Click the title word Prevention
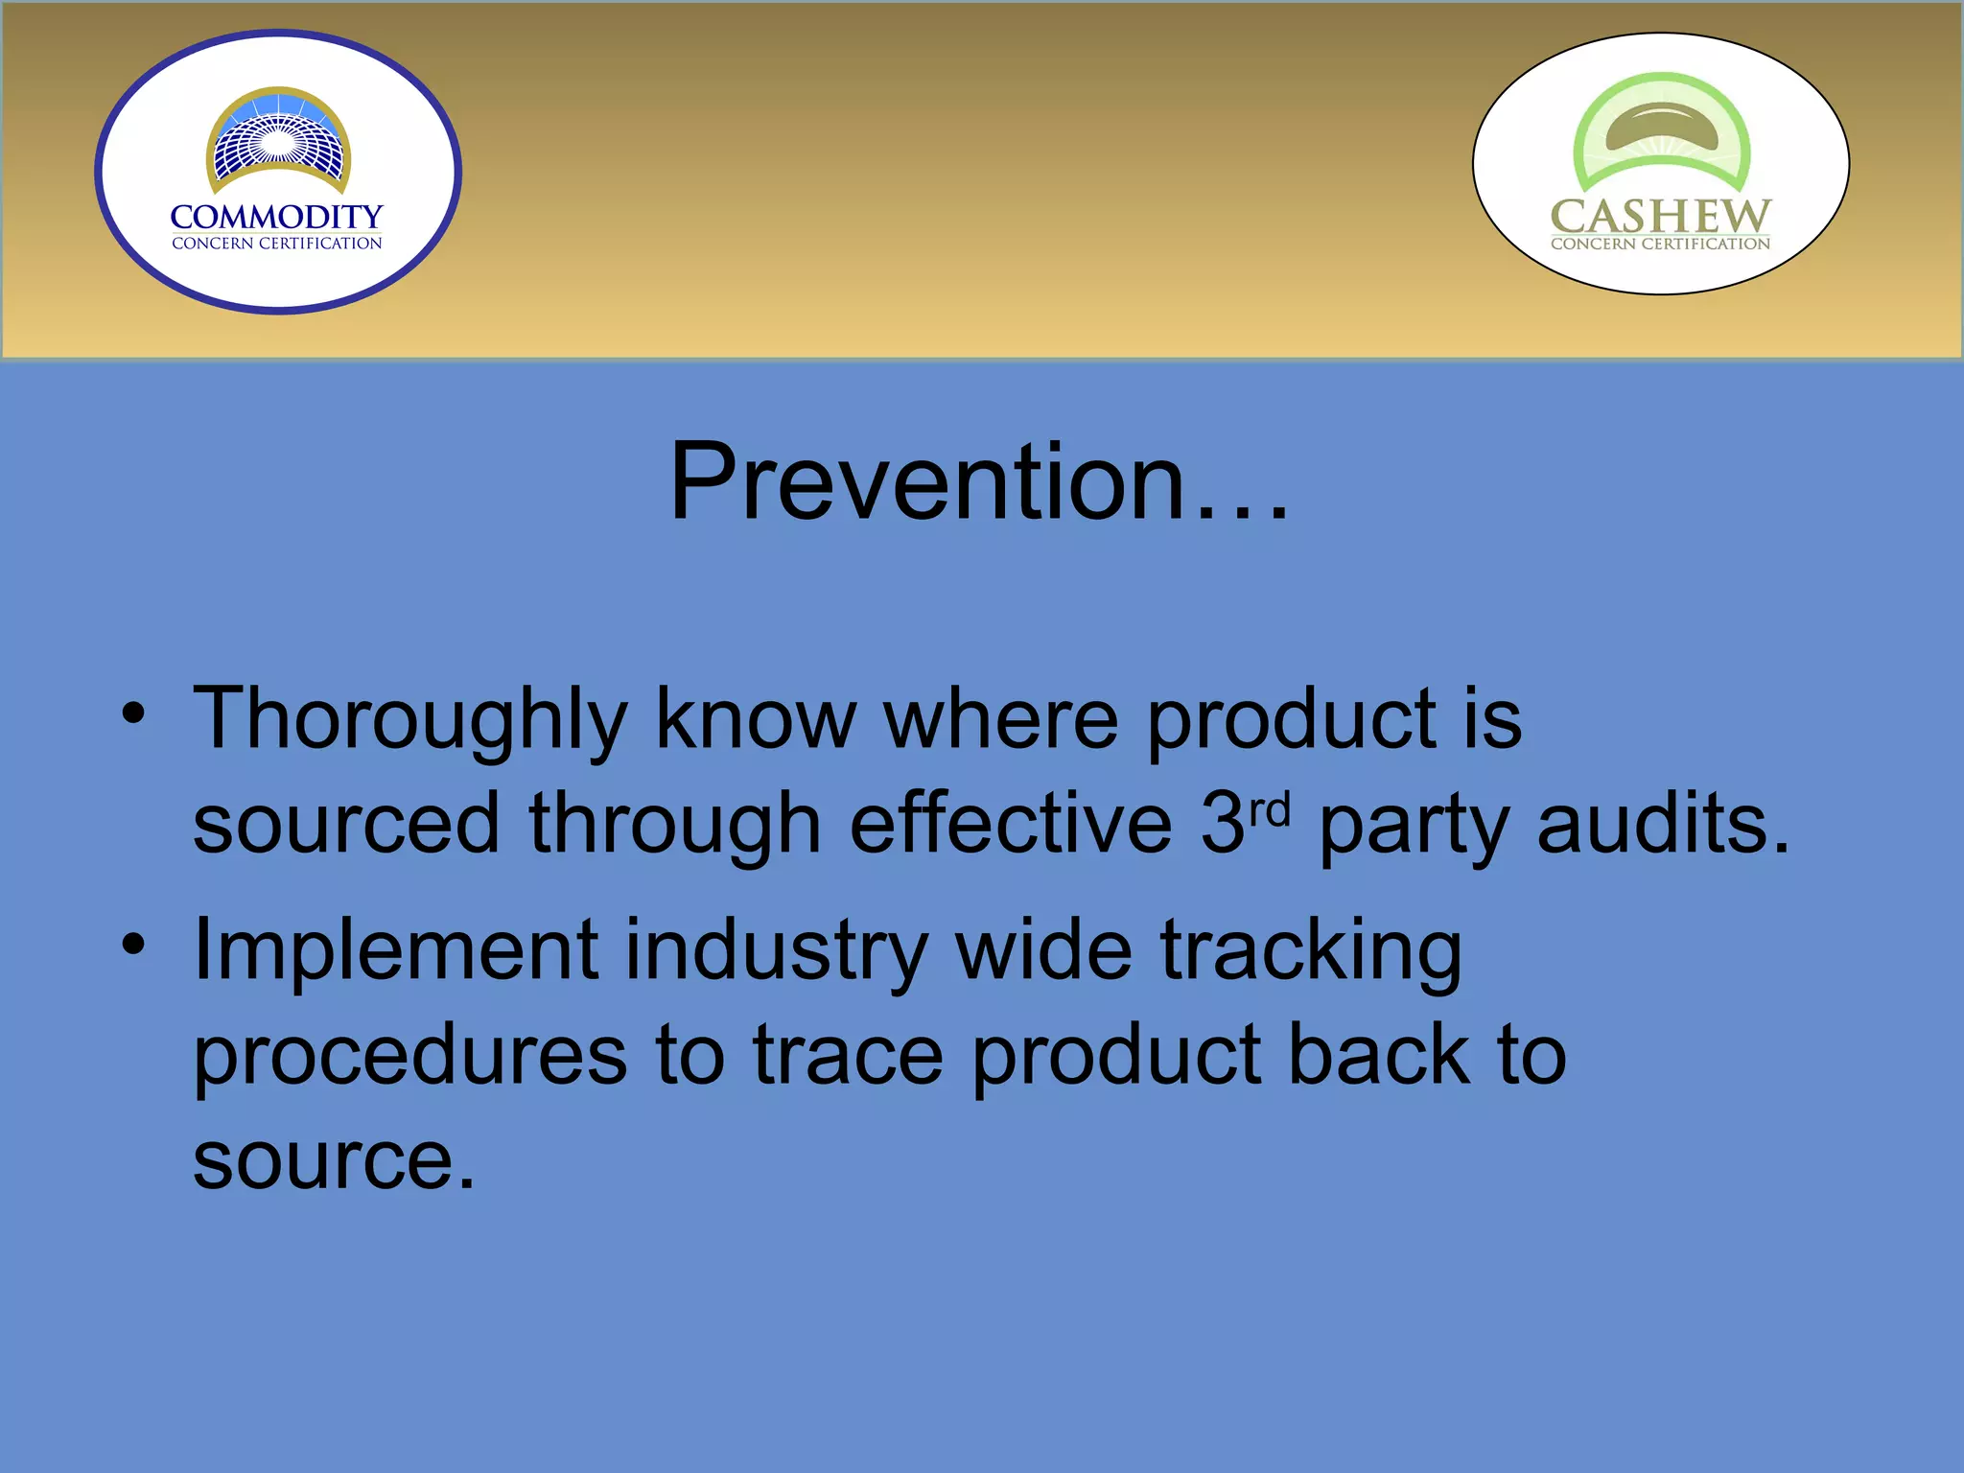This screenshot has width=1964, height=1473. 978,482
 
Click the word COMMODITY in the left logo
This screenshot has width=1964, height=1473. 276,217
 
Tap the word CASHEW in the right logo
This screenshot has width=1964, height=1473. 1660,216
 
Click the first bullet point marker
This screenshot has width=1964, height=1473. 133,714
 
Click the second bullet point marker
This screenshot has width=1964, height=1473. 133,945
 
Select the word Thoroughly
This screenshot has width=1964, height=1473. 409,721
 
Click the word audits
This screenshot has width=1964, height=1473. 1663,825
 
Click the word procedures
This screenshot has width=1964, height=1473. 409,1058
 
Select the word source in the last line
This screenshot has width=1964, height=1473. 334,1161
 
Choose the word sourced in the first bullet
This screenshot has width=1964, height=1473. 346,825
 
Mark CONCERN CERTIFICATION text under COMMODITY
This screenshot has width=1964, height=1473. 276,244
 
